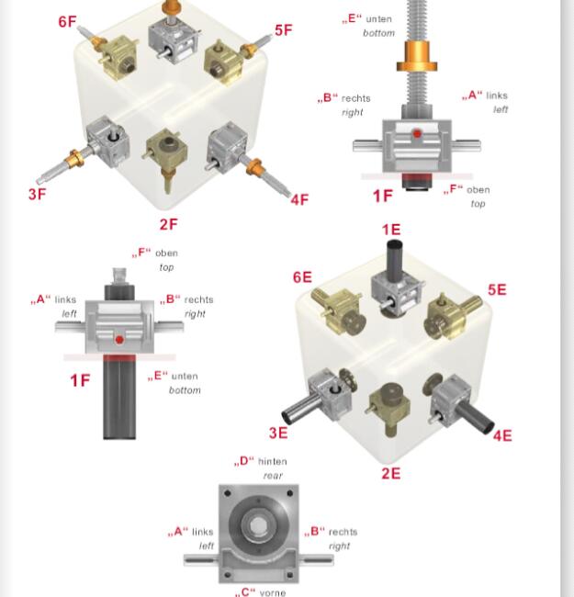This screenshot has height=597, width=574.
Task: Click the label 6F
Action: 67,22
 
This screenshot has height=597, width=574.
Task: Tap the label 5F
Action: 283,30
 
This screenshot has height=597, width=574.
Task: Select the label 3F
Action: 38,194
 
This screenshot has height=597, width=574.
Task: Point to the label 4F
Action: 299,199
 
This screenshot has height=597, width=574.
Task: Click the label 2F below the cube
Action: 169,224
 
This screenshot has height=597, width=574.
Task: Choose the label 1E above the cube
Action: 391,230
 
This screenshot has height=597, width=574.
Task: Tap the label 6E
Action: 302,276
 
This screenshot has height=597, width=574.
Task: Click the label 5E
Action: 497,289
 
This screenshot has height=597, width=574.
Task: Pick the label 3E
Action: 278,433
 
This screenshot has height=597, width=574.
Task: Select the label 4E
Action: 502,435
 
